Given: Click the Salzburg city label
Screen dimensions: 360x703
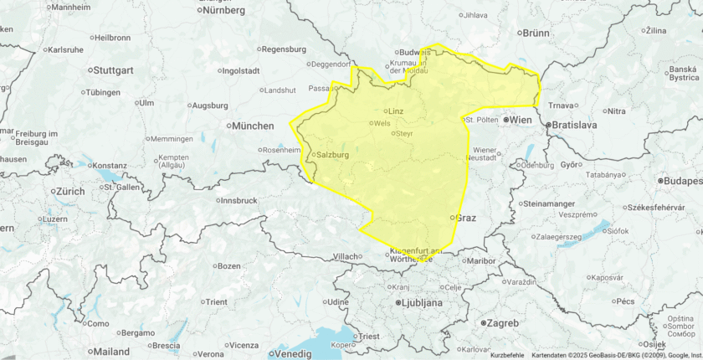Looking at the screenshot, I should tap(332, 155).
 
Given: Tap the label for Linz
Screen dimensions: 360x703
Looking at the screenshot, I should tap(396, 111).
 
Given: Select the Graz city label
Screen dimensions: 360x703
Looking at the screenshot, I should tap(465, 218).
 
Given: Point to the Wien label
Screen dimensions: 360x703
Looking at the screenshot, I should tap(521, 121).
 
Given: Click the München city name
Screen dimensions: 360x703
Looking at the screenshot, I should tap(254, 126).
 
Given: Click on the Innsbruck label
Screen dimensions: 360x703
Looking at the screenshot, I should tap(239, 201).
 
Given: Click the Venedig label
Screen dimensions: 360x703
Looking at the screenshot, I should tap(293, 353).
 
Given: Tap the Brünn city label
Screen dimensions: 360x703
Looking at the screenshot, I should tap(536, 33).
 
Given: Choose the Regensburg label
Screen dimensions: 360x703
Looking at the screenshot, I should tap(285, 49).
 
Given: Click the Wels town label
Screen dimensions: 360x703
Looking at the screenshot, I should tap(382, 123).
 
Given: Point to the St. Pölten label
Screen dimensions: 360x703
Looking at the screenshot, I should tap(482, 120).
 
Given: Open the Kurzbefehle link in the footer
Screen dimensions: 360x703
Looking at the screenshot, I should tap(508, 355).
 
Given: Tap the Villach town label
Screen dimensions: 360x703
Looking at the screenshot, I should tap(346, 256).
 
